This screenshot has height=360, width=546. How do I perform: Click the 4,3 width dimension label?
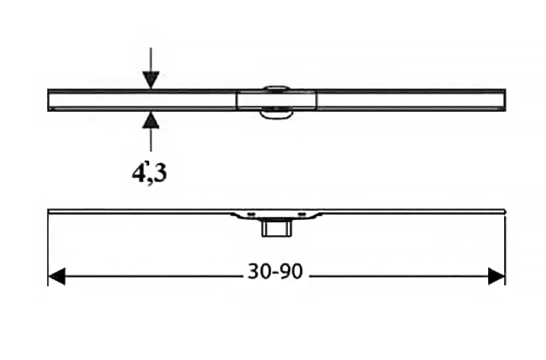coord(149,173)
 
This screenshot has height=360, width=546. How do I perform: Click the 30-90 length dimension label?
coord(275,272)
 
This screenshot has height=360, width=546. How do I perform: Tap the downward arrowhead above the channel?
coord(151,80)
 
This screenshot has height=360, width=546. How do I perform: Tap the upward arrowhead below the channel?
coord(151,120)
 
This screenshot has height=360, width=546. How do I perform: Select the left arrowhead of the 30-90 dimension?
coord(56,276)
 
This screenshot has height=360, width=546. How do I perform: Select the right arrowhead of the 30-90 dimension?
coord(497,276)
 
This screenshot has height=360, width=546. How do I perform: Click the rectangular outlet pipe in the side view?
coord(276,228)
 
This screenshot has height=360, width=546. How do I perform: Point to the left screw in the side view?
coord(251,214)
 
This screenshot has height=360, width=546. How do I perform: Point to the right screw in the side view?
coord(302,214)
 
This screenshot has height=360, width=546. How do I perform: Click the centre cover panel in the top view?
coord(276,100)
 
